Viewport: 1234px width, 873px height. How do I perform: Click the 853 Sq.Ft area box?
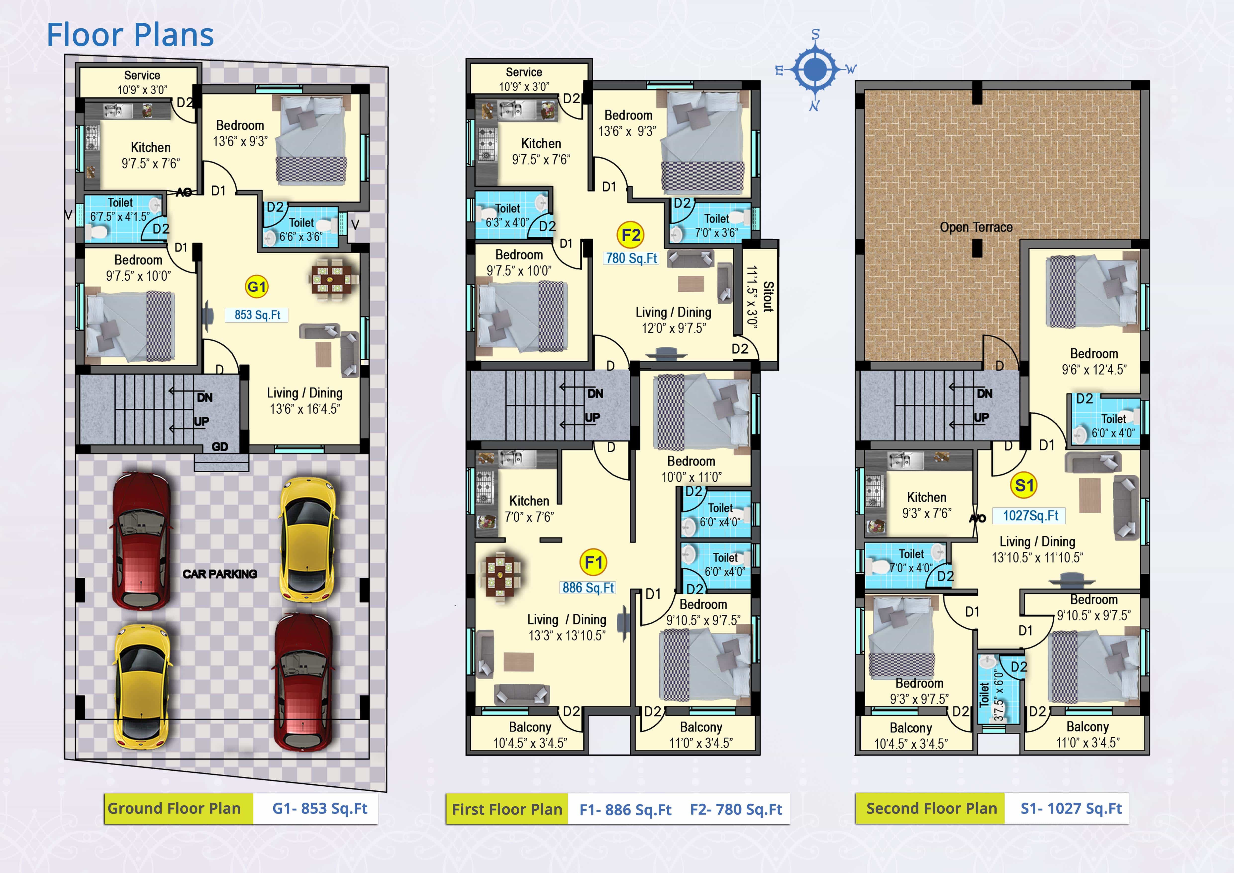point(257,315)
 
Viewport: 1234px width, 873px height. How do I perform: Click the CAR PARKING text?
point(220,574)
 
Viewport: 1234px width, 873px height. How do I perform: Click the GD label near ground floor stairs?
point(220,447)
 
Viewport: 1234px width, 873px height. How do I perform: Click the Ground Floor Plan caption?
point(174,809)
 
